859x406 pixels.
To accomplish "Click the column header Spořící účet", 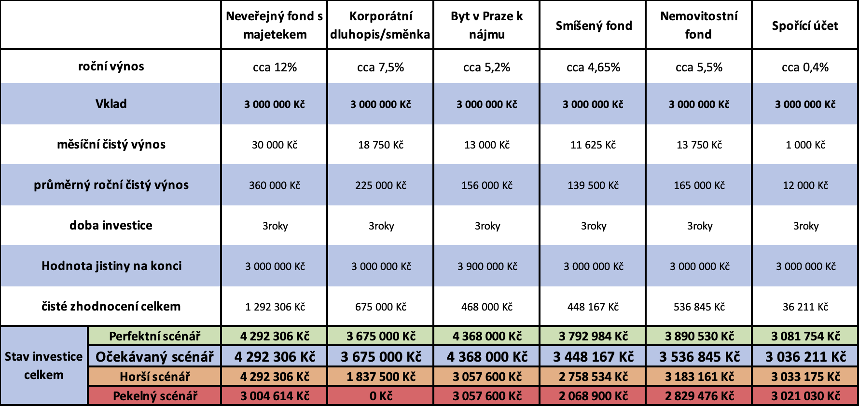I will (805, 26).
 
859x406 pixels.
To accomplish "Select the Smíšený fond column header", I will (594, 26).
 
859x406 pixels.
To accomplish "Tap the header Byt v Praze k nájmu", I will (486, 25).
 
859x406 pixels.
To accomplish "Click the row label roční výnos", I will (111, 67).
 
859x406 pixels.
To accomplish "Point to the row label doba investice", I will (111, 225).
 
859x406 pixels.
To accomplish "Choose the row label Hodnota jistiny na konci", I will (111, 266).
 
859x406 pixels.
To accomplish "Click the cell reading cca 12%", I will (275, 67).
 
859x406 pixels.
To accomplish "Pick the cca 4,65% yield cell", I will (593, 67).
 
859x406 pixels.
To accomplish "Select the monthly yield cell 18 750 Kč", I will (381, 145).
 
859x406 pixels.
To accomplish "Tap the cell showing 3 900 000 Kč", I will (487, 266).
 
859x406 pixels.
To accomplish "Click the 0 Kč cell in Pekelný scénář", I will (381, 396).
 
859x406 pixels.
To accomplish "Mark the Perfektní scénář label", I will (154, 336).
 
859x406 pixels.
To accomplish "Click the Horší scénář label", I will (154, 377).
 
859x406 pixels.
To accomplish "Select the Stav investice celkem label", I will (44, 365).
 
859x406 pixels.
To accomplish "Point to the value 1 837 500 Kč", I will (381, 377).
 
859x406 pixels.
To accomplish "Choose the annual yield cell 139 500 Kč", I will (593, 185).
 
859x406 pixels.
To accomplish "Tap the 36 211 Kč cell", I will (805, 307).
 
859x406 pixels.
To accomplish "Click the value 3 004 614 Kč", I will (275, 396).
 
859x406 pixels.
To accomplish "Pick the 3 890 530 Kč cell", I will (699, 336).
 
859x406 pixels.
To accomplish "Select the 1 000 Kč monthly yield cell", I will (805, 145).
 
